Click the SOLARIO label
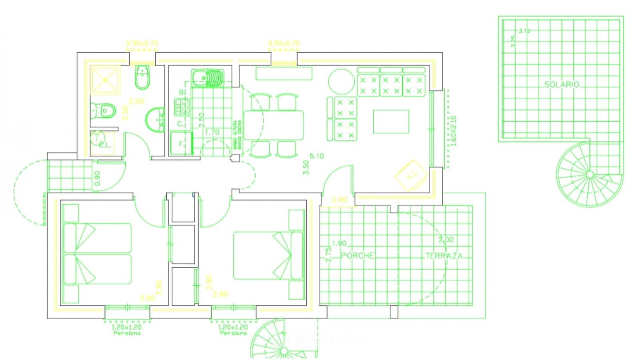pyautogui.click(x=562, y=85)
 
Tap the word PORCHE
pyautogui.click(x=358, y=256)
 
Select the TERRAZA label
pyautogui.click(x=444, y=256)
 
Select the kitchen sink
pyautogui.click(x=208, y=78)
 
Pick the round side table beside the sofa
pyautogui.click(x=342, y=82)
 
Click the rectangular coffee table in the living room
pyautogui.click(x=391, y=122)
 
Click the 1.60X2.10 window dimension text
pyautogui.click(x=453, y=131)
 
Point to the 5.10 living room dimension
pyautogui.click(x=317, y=156)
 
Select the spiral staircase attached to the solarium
pyautogui.click(x=589, y=174)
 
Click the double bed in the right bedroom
pyautogui.click(x=268, y=255)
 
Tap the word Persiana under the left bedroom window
pyautogui.click(x=127, y=333)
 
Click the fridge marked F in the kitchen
pyautogui.click(x=182, y=144)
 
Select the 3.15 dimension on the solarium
pyautogui.click(x=524, y=30)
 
